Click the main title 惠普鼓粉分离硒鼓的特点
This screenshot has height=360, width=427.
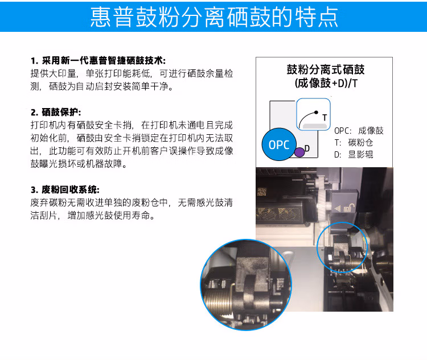click(214, 17)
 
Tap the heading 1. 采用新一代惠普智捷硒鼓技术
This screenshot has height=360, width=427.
click(98, 60)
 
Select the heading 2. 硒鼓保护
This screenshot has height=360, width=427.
click(56, 112)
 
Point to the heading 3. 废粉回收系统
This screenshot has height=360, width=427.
click(65, 189)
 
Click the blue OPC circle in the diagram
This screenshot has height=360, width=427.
click(279, 144)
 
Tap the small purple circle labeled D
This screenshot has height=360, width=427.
click(299, 152)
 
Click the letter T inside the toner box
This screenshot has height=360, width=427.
click(325, 118)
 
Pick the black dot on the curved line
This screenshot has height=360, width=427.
click(316, 112)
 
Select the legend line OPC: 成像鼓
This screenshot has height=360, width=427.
click(359, 131)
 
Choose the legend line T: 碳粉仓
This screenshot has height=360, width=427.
click(354, 143)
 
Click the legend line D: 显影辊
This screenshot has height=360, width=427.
click(354, 155)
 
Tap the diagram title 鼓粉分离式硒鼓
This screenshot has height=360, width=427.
click(326, 69)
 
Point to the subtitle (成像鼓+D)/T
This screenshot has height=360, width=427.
click(326, 83)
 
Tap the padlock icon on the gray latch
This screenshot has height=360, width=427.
click(349, 208)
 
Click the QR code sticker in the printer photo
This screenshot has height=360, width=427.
click(262, 192)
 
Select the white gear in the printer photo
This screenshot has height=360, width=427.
click(324, 195)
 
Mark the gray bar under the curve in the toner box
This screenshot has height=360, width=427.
click(314, 126)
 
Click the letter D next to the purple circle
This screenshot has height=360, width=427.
click(307, 148)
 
